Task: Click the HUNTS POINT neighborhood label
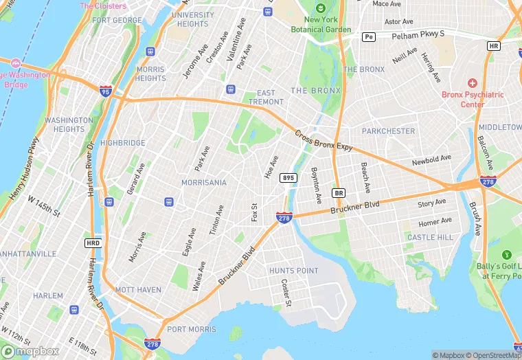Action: click(294, 271)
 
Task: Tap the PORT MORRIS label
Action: click(191, 329)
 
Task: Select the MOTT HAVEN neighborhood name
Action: click(138, 289)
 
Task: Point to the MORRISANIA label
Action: click(203, 183)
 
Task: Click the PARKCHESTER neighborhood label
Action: click(389, 131)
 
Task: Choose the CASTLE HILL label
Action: click(430, 237)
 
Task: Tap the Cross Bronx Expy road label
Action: click(324, 141)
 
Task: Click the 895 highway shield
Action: click(288, 178)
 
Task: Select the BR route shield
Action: click(338, 192)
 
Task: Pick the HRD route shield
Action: click(92, 243)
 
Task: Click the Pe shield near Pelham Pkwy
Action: click(369, 36)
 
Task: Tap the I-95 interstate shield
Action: click(105, 91)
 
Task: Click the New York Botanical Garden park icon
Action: click(319, 9)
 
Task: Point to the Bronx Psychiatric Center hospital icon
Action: click(472, 82)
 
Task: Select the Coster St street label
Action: click(286, 293)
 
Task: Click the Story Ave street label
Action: click(432, 203)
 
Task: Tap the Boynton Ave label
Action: click(316, 185)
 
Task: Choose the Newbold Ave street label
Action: click(431, 160)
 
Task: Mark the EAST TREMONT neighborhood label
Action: click(266, 97)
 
